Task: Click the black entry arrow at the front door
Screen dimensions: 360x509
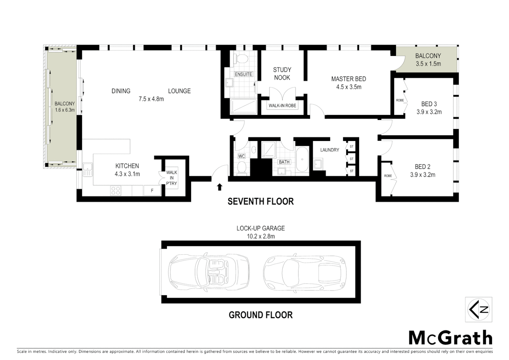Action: pos(220,187)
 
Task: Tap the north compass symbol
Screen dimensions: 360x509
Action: pos(479,310)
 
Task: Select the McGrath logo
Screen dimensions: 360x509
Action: pos(450,338)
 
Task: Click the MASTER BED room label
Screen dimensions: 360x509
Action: pos(348,79)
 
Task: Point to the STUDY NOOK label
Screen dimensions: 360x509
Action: pos(282,74)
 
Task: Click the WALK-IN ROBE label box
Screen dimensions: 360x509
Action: pos(282,106)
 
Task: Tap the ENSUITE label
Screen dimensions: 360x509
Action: pos(244,74)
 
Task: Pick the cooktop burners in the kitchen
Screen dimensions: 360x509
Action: pos(116,191)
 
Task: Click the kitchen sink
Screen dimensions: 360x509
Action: pos(88,170)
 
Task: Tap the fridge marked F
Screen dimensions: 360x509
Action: pos(152,191)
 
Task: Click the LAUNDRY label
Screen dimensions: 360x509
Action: pos(329,150)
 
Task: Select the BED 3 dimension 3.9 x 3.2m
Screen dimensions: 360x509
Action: pos(429,112)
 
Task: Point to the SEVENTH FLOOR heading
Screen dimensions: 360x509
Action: pos(260,201)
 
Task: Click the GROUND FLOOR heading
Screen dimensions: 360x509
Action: pos(260,315)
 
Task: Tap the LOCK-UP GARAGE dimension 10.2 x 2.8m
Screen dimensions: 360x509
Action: pos(260,236)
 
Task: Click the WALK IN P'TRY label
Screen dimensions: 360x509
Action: pos(172,178)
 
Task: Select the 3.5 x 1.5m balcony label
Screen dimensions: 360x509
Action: pos(428,64)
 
